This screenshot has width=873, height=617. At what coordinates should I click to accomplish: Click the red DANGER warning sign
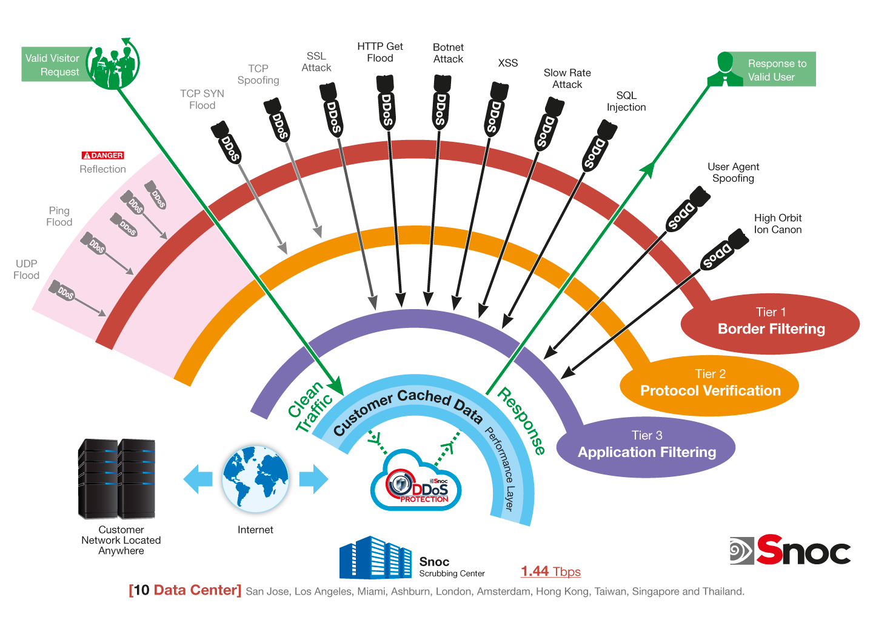pyautogui.click(x=102, y=155)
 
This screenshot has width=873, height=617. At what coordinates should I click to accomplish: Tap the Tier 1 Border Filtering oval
pyautogui.click(x=771, y=323)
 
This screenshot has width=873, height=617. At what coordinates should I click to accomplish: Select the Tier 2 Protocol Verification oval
pyautogui.click(x=709, y=385)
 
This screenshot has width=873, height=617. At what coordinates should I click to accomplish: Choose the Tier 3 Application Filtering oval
pyautogui.click(x=646, y=447)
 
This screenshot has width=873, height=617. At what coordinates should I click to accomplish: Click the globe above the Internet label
pyautogui.click(x=255, y=479)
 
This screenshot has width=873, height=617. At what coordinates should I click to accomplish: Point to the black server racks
pyautogui.click(x=117, y=479)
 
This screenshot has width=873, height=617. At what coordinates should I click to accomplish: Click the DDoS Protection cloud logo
pyautogui.click(x=416, y=481)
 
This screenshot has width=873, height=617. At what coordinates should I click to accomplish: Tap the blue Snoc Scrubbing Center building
pyautogui.click(x=375, y=558)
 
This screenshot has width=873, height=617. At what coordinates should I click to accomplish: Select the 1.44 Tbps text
pyautogui.click(x=550, y=572)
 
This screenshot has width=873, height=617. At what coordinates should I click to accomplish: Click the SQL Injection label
pyautogui.click(x=626, y=101)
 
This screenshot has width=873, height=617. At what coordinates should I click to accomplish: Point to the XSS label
pyautogui.click(x=508, y=63)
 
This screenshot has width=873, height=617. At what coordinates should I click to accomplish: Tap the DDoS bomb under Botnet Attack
pyautogui.click(x=441, y=102)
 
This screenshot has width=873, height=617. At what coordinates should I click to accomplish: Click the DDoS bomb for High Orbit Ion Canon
pyautogui.click(x=724, y=249)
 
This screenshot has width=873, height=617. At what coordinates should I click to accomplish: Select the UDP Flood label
pyautogui.click(x=26, y=270)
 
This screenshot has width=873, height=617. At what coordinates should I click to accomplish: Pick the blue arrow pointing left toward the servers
pyautogui.click(x=198, y=479)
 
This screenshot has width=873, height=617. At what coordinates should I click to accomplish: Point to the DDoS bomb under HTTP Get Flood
pyautogui.click(x=386, y=102)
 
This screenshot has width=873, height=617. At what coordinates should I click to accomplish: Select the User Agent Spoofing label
pyautogui.click(x=733, y=173)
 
